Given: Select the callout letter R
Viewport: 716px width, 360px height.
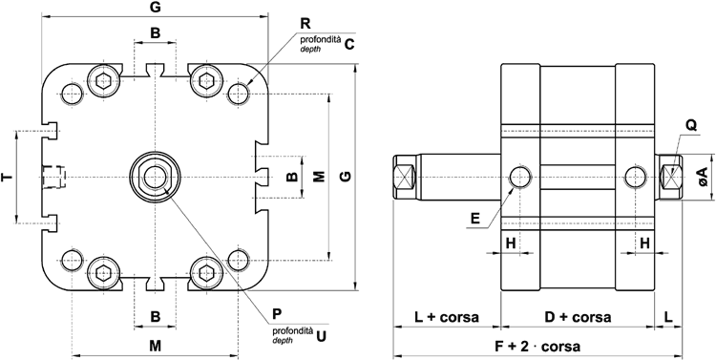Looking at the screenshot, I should tap(305, 22).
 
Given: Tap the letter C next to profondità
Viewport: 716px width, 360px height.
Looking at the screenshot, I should tap(349, 43).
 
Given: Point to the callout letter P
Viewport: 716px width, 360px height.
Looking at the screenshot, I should tap(276, 312).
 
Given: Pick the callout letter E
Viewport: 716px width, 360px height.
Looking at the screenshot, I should tap(474, 219).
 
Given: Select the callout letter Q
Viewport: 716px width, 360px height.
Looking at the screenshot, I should tap(689, 123).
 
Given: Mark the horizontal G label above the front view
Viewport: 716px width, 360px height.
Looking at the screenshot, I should tap(155, 9).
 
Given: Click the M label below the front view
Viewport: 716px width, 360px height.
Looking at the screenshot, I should tap(155, 344).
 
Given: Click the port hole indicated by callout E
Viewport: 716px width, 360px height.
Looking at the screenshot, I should tap(520, 177).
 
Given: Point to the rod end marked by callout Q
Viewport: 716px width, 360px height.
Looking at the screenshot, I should tap(673, 177).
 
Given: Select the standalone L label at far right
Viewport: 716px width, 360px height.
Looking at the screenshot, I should tap(668, 317).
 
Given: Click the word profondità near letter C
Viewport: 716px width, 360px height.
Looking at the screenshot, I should tap(320, 38).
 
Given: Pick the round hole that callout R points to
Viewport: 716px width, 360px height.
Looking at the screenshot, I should tap(238, 93).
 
